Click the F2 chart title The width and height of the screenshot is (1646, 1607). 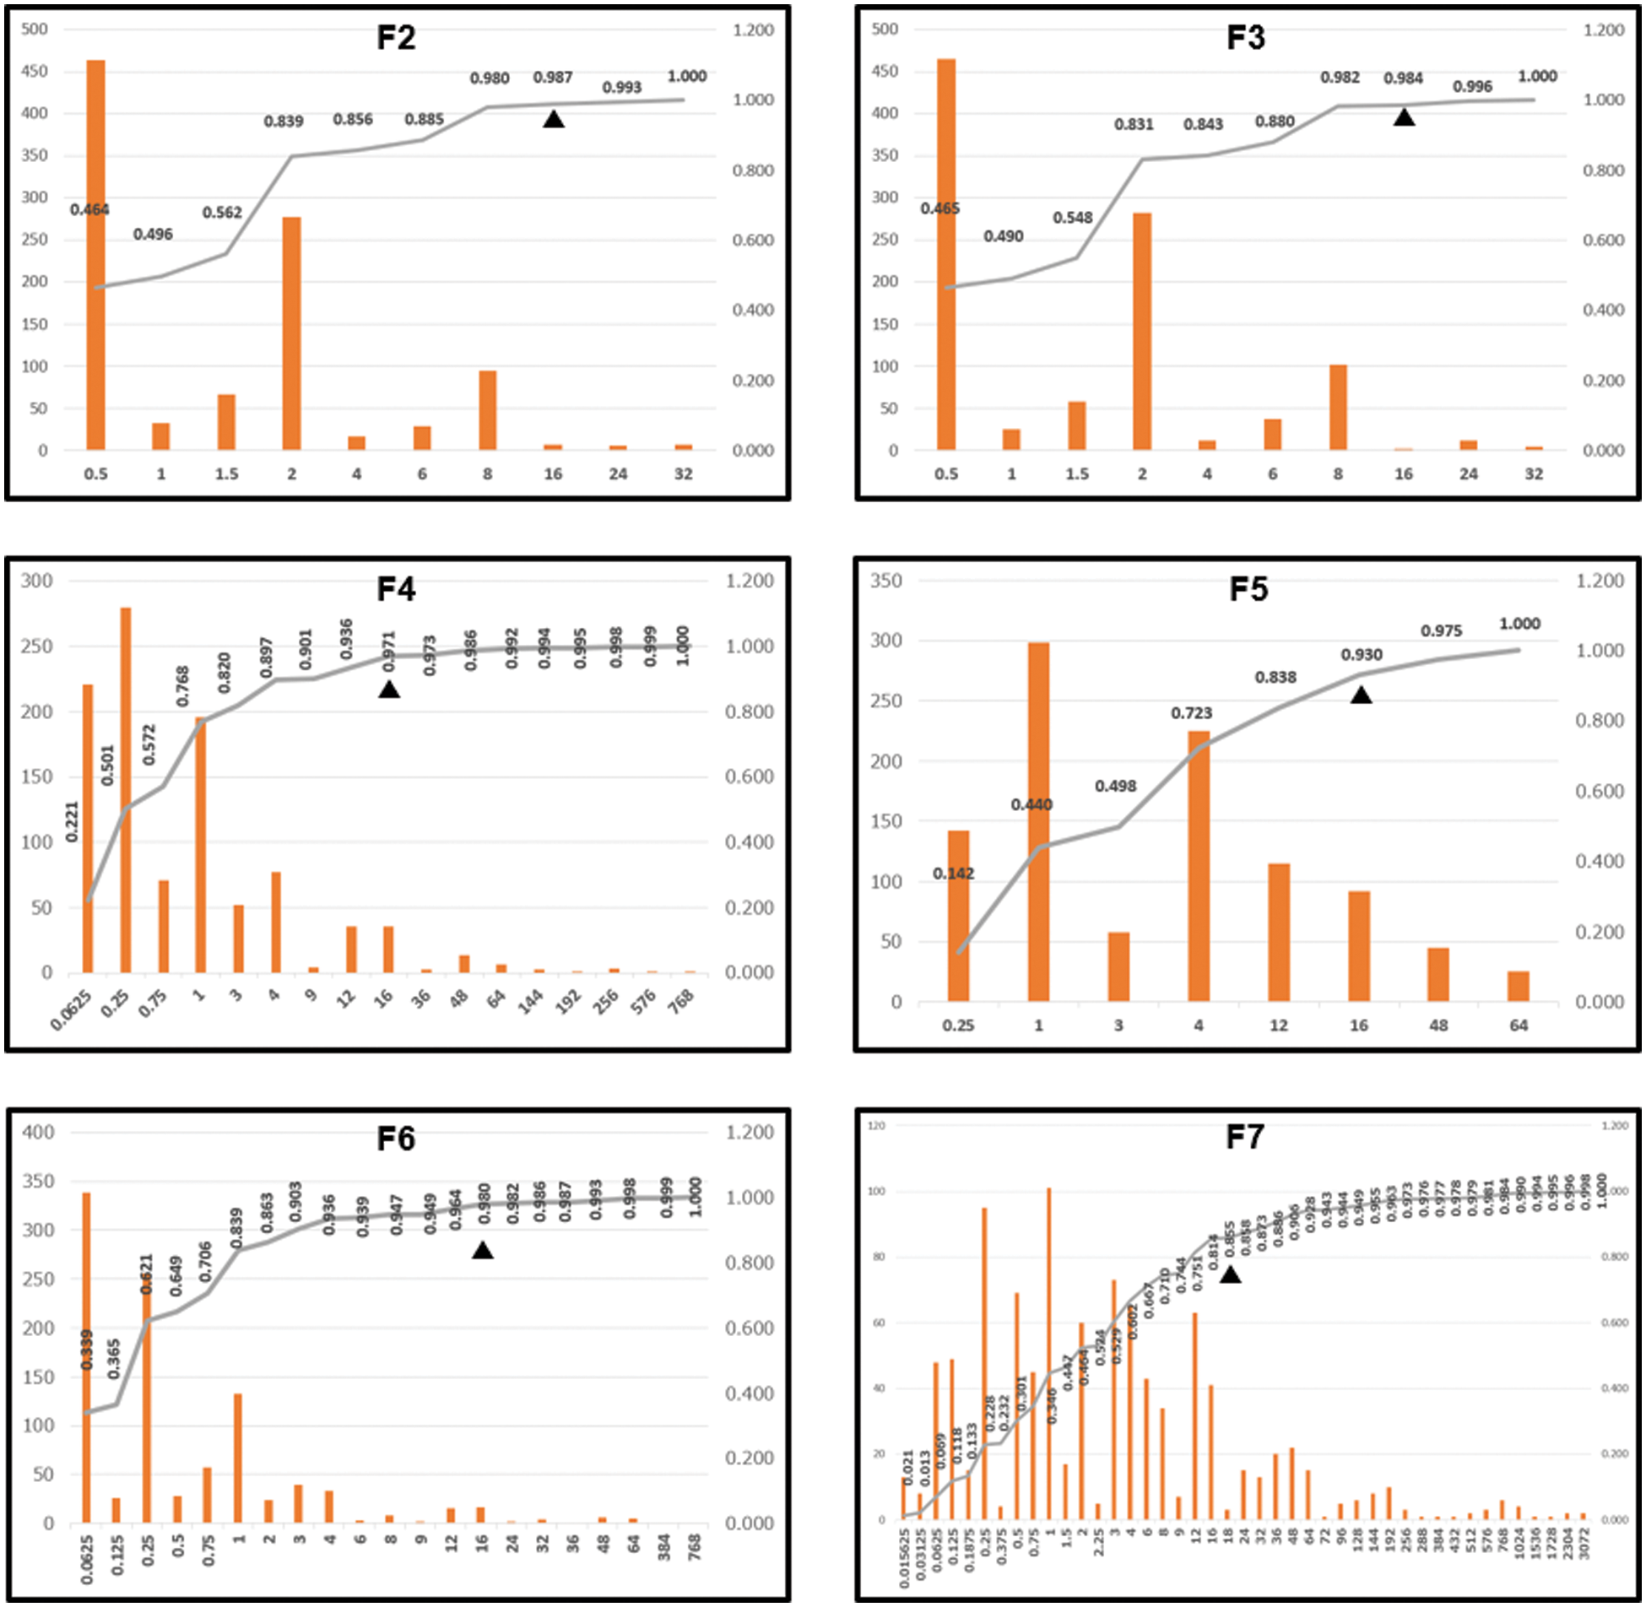(x=395, y=38)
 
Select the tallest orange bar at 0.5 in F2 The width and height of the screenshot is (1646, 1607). (x=96, y=253)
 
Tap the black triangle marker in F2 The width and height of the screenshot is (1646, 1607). (x=553, y=120)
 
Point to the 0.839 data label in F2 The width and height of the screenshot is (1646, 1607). (x=284, y=122)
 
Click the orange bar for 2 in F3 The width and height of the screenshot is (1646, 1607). (x=1142, y=331)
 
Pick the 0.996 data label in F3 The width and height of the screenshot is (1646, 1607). (x=1472, y=87)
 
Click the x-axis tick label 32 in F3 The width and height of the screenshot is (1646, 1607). (x=1534, y=474)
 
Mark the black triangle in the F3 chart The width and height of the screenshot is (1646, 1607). (x=1404, y=118)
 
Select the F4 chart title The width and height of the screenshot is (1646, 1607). (x=395, y=589)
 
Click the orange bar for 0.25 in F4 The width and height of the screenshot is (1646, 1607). (x=126, y=789)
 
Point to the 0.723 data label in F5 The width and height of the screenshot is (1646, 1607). (x=1191, y=714)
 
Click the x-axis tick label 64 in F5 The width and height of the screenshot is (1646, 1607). (x=1519, y=1025)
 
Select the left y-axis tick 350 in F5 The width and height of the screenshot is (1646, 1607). (x=885, y=581)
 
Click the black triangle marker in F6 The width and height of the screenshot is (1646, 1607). (x=482, y=1251)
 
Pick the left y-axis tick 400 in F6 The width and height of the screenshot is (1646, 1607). (x=37, y=1133)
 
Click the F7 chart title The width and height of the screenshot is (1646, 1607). (x=1245, y=1138)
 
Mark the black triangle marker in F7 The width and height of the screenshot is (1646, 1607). (x=1230, y=1275)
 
